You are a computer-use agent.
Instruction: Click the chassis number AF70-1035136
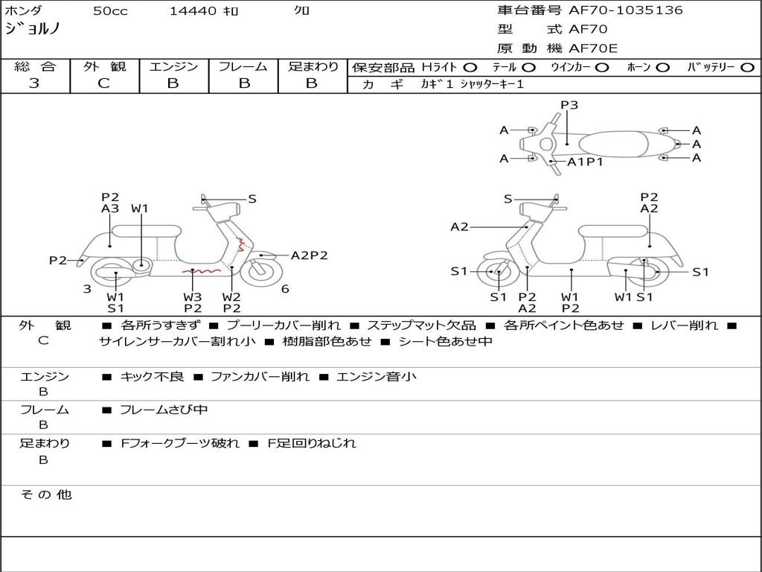625,10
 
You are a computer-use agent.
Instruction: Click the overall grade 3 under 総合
34,83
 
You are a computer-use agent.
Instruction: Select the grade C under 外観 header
104,83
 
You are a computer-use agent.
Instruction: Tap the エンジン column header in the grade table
173,66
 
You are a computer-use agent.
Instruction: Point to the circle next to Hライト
470,68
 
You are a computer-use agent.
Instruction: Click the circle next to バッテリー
747,68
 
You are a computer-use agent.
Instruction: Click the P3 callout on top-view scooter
569,105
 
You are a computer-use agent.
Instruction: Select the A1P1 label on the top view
585,162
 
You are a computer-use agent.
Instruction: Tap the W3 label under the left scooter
193,296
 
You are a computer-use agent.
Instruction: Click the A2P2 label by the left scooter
309,255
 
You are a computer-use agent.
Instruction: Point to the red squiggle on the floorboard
202,270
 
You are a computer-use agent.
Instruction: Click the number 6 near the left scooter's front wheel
285,289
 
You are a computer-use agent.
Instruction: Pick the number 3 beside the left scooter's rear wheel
87,289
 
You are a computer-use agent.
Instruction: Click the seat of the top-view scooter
613,144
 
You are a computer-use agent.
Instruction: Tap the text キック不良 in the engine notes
152,376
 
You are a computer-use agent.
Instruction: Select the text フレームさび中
164,410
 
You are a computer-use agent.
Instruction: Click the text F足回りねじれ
312,443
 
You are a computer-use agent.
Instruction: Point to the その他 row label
46,495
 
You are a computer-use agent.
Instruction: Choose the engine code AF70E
593,48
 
